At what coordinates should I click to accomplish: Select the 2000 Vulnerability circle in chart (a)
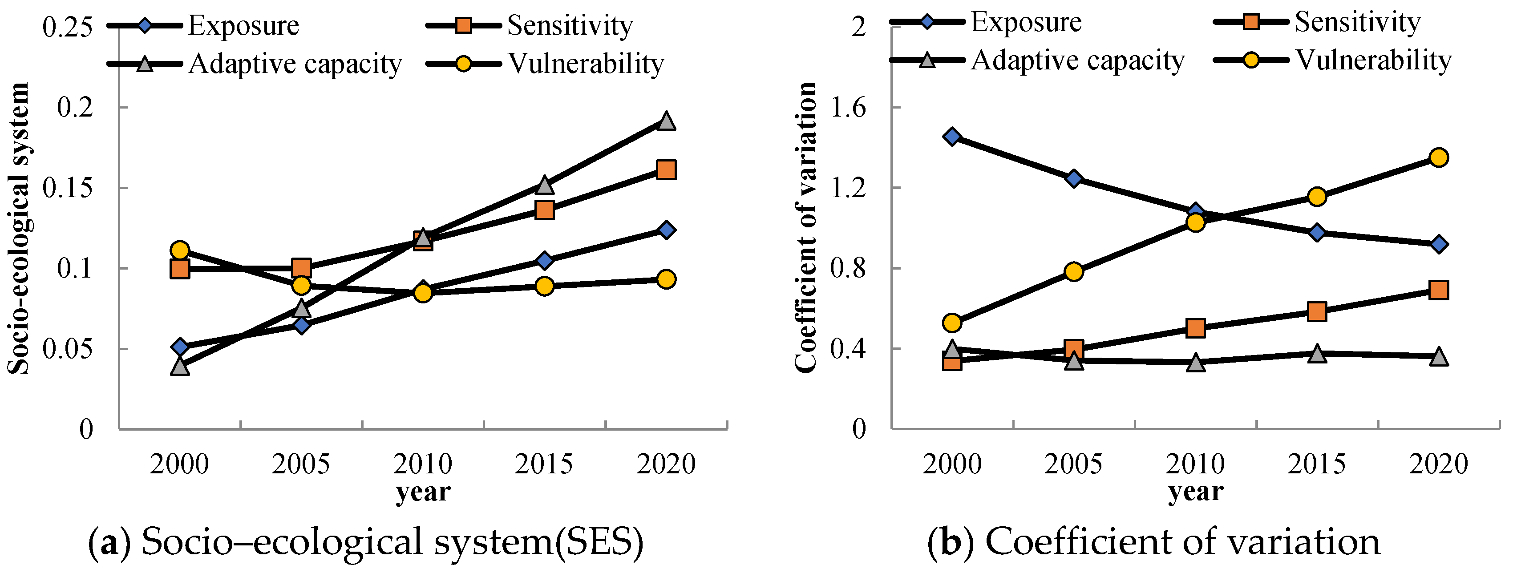[x=180, y=251]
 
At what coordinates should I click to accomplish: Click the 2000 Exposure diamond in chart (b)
[x=952, y=137]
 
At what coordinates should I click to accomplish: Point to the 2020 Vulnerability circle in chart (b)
[x=1438, y=157]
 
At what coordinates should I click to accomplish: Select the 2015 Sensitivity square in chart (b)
[x=1317, y=311]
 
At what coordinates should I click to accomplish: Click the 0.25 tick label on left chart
[x=68, y=27]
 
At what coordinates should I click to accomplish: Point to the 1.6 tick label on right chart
[x=849, y=108]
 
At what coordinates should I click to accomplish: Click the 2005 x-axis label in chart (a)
[x=301, y=464]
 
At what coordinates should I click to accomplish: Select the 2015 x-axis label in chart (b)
[x=1317, y=464]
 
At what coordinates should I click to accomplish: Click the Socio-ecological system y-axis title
[x=19, y=229]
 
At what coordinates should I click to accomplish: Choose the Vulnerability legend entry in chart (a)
[x=586, y=64]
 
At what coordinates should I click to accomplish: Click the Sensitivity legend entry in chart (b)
[x=1357, y=22]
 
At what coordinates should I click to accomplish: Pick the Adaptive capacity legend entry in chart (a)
[x=295, y=64]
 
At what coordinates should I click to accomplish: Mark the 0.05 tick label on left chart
[x=68, y=349]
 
